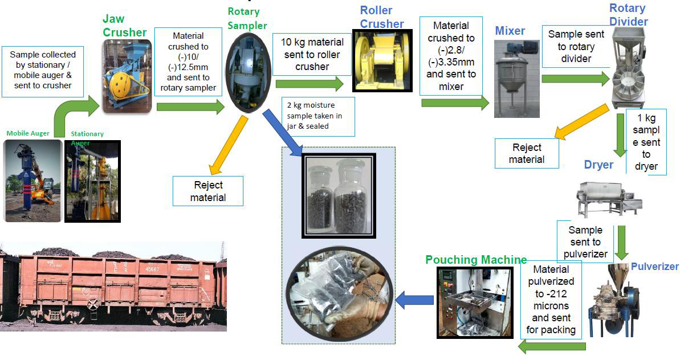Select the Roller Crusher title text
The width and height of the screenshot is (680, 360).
click(x=381, y=17)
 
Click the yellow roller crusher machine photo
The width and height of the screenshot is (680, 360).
click(x=380, y=61)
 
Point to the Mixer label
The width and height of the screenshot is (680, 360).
click(x=509, y=30)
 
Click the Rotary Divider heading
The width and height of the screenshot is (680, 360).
click(x=628, y=15)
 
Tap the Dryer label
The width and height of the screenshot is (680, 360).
click(x=598, y=165)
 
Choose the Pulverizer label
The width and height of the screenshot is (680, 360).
click(x=654, y=267)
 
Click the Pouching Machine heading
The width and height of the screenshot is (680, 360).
click(x=476, y=260)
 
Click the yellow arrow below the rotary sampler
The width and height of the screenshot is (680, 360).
click(x=228, y=145)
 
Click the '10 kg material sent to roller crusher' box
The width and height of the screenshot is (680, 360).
click(x=312, y=55)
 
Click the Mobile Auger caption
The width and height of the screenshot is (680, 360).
click(x=28, y=133)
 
